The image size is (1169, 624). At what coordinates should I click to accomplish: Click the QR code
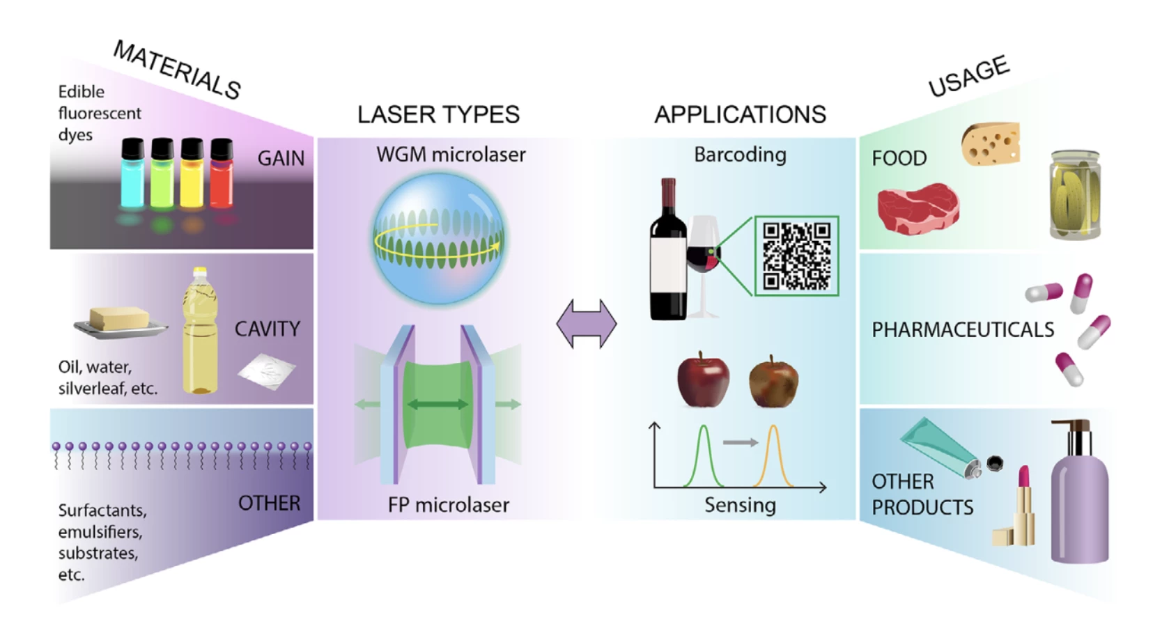tap(796, 256)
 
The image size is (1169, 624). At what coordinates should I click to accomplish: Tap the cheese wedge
tap(991, 144)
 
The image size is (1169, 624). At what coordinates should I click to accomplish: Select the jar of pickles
tap(1074, 195)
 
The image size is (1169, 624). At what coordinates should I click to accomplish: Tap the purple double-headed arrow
tap(587, 324)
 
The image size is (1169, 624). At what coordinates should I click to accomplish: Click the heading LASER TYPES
tap(438, 114)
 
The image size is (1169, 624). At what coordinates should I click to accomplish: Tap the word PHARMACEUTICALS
tap(963, 329)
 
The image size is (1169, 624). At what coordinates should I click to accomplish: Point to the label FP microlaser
tap(448, 505)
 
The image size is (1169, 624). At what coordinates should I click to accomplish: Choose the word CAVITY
tap(267, 329)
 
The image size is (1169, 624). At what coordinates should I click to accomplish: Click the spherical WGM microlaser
tap(438, 239)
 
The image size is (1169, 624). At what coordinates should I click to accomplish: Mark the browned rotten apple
tap(773, 381)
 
